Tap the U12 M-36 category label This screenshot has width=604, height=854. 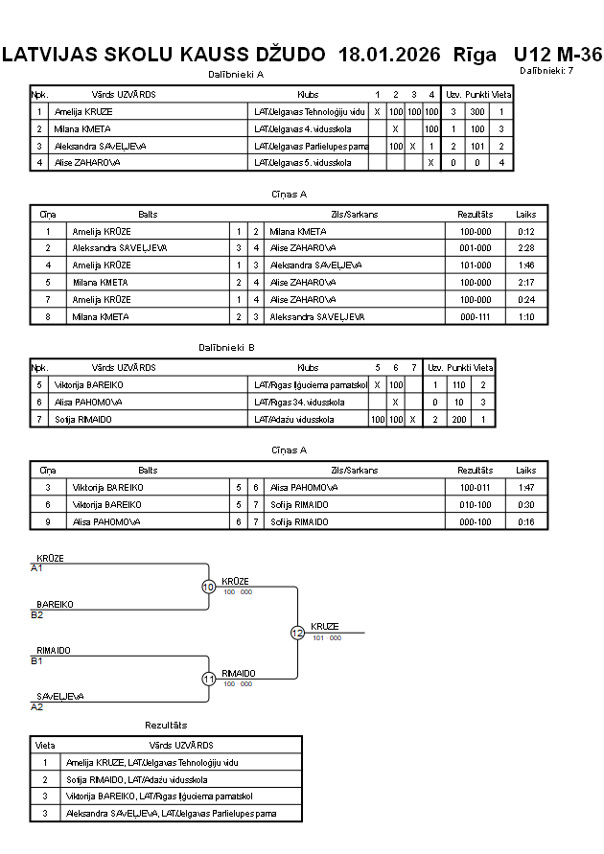click(558, 55)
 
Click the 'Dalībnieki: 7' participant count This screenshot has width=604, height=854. click(546, 71)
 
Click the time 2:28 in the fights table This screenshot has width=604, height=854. click(525, 247)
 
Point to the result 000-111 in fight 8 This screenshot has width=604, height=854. click(475, 316)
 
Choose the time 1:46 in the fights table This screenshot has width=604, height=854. click(525, 265)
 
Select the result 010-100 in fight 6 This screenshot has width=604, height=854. click(475, 504)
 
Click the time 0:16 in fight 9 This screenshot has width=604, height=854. click(525, 521)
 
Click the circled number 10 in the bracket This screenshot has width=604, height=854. click(208, 587)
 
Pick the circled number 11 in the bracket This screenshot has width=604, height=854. click(208, 679)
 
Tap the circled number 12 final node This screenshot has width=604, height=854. click(297, 633)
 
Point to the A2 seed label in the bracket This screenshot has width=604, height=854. click(36, 706)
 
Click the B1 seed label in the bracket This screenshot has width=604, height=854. click(36, 660)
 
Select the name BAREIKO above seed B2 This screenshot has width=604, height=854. click(55, 605)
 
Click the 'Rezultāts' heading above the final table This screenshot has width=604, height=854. click(166, 726)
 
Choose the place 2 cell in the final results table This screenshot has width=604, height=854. click(45, 779)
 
